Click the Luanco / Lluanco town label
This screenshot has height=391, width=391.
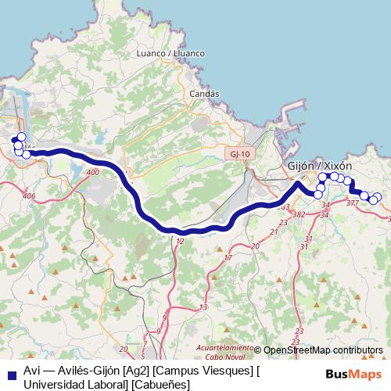(x=170, y=53)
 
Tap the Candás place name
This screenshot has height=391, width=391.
(x=204, y=93)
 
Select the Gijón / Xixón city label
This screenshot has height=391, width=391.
(x=320, y=167)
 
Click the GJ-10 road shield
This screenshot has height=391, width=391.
(x=240, y=154)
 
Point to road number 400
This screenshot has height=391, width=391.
(x=94, y=172)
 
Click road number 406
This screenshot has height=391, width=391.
(x=30, y=196)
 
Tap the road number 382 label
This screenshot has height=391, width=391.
(x=298, y=213)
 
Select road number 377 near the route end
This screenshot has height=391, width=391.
(x=352, y=203)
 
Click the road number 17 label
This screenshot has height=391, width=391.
(x=228, y=257)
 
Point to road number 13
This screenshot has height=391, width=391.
(x=203, y=307)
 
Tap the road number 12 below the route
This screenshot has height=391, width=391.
(x=181, y=242)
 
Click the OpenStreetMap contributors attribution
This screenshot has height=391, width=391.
(x=323, y=350)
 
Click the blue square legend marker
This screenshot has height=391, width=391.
(x=11, y=371)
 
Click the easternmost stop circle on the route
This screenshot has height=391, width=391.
(x=378, y=197)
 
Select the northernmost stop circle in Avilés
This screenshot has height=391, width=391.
(x=21, y=137)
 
